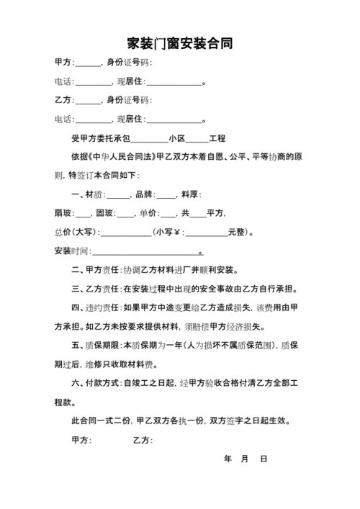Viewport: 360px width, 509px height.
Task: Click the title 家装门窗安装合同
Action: tap(179, 44)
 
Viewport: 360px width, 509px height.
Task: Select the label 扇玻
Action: tap(63, 213)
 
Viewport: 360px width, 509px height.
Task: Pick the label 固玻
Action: tap(104, 213)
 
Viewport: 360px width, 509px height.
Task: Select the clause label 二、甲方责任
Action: tap(96, 270)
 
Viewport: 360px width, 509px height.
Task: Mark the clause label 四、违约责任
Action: tap(96, 307)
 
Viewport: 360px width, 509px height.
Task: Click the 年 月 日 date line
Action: tap(246, 459)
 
